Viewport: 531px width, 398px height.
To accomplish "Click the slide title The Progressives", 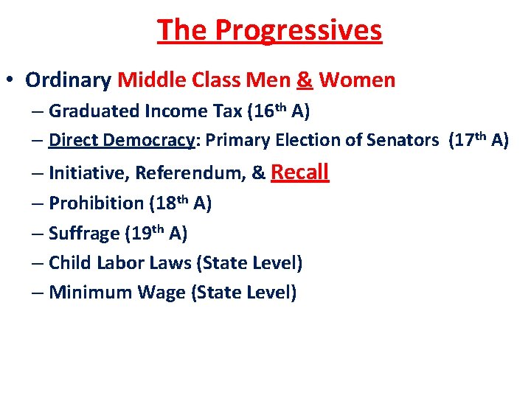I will [x=269, y=30].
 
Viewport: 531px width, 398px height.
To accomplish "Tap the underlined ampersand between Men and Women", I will [x=305, y=80].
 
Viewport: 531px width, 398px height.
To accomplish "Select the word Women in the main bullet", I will [x=358, y=80].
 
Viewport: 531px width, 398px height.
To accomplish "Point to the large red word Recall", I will [x=300, y=172].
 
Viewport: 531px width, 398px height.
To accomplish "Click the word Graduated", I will [x=94, y=111].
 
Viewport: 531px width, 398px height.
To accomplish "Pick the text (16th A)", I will [x=281, y=111].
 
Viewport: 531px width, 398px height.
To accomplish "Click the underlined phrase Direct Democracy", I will [x=120, y=140].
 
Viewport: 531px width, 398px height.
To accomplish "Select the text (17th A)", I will [x=479, y=140].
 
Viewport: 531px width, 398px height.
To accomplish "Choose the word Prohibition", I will [x=96, y=203].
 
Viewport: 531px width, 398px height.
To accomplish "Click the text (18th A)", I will [x=181, y=203].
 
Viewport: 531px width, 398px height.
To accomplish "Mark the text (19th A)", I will [x=156, y=234].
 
